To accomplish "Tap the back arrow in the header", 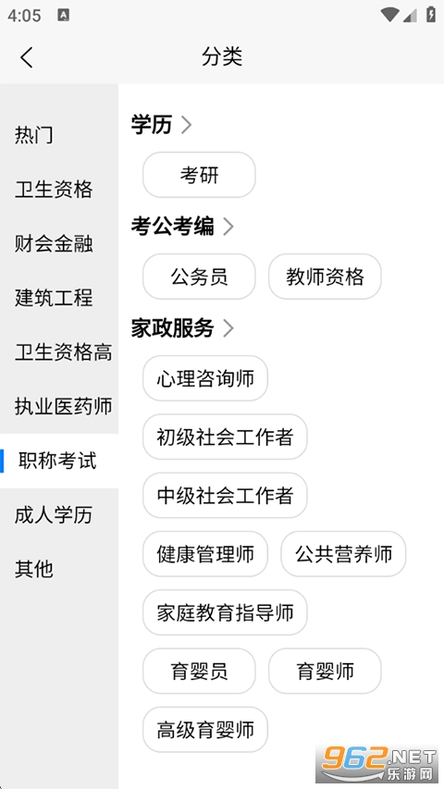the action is tap(27, 56).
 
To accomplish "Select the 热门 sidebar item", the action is tap(33, 135).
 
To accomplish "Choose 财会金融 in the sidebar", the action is tap(54, 243).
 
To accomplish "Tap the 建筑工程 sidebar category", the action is tap(54, 298).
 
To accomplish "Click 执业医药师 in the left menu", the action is tap(64, 406).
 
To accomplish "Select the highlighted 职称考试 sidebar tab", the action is tap(57, 461).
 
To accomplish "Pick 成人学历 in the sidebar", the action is tap(54, 515).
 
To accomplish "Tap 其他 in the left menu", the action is tap(33, 569).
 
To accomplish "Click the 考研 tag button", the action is tap(200, 175).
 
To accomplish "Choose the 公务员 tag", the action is tap(200, 277).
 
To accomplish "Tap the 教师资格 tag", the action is tap(325, 277).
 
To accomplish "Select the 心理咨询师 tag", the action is tap(205, 378).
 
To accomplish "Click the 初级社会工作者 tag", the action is tap(225, 437).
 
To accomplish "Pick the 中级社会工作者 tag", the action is tap(225, 496).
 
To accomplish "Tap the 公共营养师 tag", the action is tap(343, 554).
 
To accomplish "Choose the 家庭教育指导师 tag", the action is tap(225, 612).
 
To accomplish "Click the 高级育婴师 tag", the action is tap(205, 730).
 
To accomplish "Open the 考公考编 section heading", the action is tap(173, 227).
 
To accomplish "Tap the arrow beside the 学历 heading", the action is tap(186, 125).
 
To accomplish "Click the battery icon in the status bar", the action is tap(431, 14).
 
